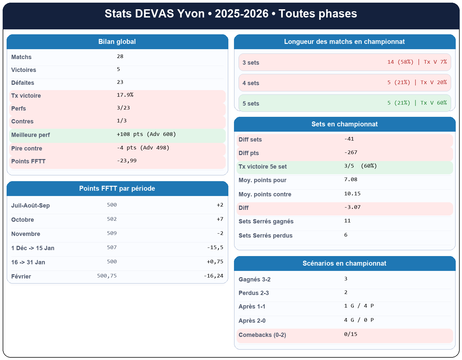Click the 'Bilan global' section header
117,42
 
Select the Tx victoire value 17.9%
125,95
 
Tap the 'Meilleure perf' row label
31,135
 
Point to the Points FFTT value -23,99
127,161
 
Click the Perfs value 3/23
123,108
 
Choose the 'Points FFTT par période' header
117,189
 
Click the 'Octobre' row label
22,220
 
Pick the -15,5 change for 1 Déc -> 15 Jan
215,247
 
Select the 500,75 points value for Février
107,276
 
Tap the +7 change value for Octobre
220,219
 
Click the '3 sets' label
251,63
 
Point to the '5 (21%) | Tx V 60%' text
417,103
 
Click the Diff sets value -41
349,139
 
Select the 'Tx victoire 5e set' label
263,167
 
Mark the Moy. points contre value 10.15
352,194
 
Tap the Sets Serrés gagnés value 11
347,221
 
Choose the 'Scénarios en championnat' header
345,264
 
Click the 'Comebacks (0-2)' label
262,335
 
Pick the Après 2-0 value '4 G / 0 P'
359,320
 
